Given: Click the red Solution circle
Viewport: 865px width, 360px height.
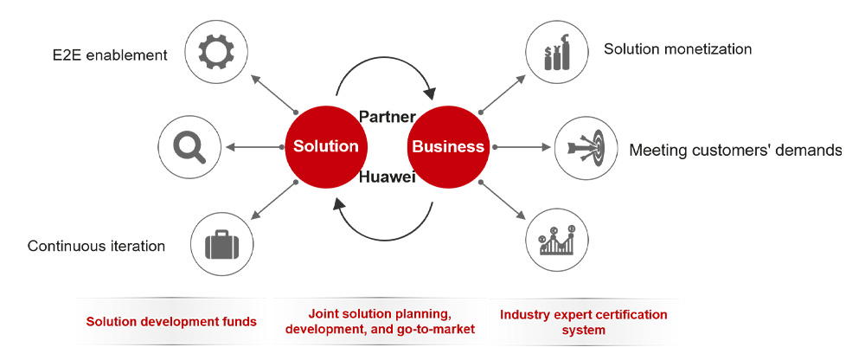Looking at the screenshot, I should pos(325,146).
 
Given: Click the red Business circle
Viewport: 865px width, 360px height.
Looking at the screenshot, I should pos(448,146).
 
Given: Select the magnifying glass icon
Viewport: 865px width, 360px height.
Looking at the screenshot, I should pos(189,146).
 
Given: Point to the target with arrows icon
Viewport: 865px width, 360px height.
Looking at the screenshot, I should pos(585,147).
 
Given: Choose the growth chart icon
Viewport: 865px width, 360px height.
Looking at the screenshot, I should pos(556,240).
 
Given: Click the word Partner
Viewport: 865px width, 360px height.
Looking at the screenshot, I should pos(388,116).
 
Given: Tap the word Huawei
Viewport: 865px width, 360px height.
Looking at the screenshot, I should pos(388,177).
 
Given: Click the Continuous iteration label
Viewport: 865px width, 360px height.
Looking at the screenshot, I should pos(96,246).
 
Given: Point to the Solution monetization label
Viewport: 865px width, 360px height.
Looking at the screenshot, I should pos(677,49).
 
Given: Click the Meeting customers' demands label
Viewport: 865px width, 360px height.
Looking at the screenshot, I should pos(734,151).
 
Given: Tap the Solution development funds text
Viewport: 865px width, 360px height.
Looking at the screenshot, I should pos(171,322).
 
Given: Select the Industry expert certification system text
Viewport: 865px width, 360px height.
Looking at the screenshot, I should pos(583,322).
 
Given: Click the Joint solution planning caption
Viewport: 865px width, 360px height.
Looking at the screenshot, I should pos(380,313).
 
